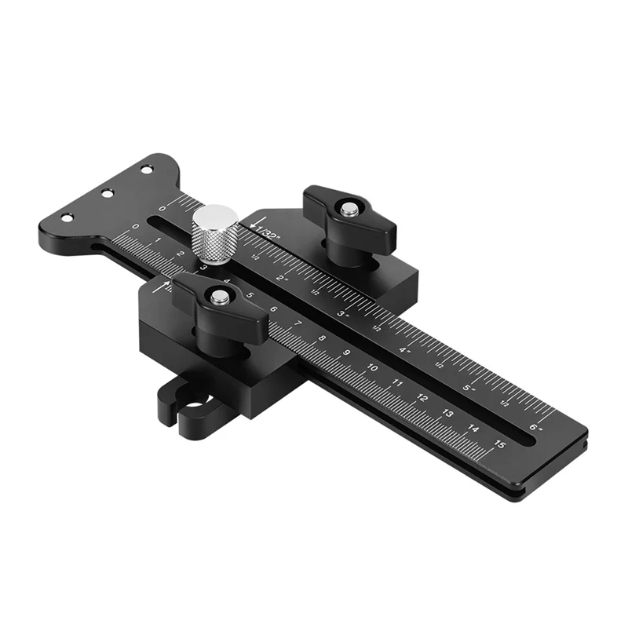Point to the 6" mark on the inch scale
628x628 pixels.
click(536, 427)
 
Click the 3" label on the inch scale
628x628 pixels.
click(342, 313)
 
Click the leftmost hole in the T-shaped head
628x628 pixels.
click(68, 217)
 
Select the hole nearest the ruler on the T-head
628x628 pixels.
click(147, 168)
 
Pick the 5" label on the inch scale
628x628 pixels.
click(469, 388)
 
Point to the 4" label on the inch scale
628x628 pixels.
click(404, 350)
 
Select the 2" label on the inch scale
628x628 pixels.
click(280, 277)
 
